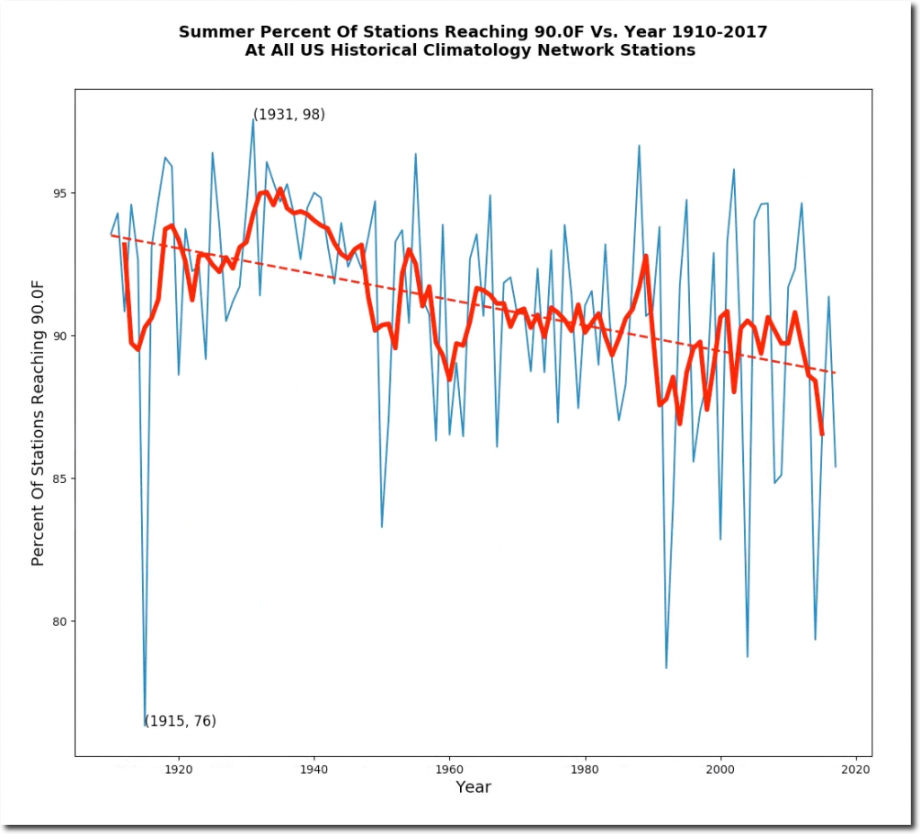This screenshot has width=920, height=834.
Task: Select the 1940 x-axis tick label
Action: pyautogui.click(x=314, y=768)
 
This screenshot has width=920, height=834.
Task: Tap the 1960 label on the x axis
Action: pyautogui.click(x=449, y=768)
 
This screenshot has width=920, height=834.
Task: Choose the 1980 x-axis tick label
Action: pyautogui.click(x=585, y=768)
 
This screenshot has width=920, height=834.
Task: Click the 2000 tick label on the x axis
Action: pyautogui.click(x=721, y=768)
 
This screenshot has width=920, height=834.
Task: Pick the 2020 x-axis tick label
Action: pyautogui.click(x=855, y=768)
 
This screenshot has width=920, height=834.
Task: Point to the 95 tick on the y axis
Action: pyautogui.click(x=62, y=193)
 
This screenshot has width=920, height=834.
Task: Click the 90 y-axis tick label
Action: pyautogui.click(x=62, y=336)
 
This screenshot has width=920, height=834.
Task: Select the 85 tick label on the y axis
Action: pyautogui.click(x=62, y=478)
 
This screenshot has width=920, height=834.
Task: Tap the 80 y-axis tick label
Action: pyautogui.click(x=62, y=621)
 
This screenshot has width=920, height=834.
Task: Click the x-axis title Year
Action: pyautogui.click(x=473, y=787)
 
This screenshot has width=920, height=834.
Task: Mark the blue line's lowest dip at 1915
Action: pyautogui.click(x=146, y=724)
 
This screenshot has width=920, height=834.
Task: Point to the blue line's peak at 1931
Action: pyautogui.click(x=253, y=119)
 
